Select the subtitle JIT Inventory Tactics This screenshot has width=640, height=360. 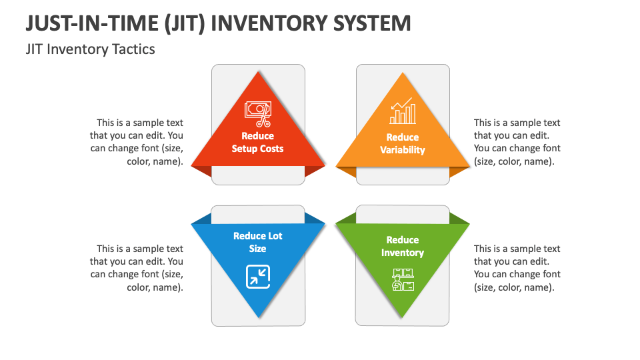click(90, 49)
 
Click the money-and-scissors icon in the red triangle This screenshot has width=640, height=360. click(257, 113)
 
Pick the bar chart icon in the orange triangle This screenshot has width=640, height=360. click(402, 112)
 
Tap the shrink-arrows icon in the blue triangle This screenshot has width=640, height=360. click(257, 276)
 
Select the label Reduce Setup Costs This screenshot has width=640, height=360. click(257, 143)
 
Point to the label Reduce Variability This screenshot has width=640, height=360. click(403, 144)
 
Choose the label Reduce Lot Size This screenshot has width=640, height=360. click(257, 242)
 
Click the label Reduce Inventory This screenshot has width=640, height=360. click(403, 246)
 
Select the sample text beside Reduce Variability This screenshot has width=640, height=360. click(517, 142)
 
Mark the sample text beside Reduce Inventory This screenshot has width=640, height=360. click(517, 268)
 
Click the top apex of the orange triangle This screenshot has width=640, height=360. click(403, 73)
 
